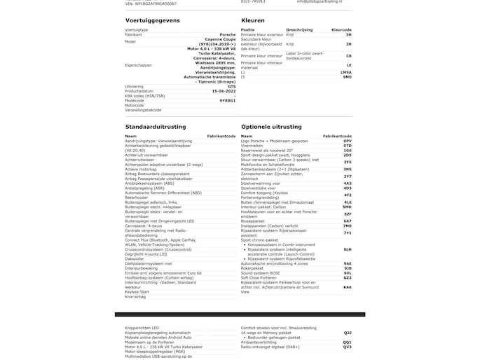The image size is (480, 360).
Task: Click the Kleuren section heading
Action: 252,20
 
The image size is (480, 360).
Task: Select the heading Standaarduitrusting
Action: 155,127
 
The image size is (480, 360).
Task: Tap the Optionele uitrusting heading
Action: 270,127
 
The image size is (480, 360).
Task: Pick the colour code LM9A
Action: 346,71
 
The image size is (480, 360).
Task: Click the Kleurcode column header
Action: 341,29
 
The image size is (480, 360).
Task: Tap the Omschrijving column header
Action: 299,29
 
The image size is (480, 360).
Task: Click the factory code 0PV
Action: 348,141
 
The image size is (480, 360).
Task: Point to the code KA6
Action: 348,287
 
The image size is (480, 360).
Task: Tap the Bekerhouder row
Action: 137,197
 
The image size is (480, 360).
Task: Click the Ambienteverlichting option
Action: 264,342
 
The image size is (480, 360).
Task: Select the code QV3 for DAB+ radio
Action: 348,346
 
